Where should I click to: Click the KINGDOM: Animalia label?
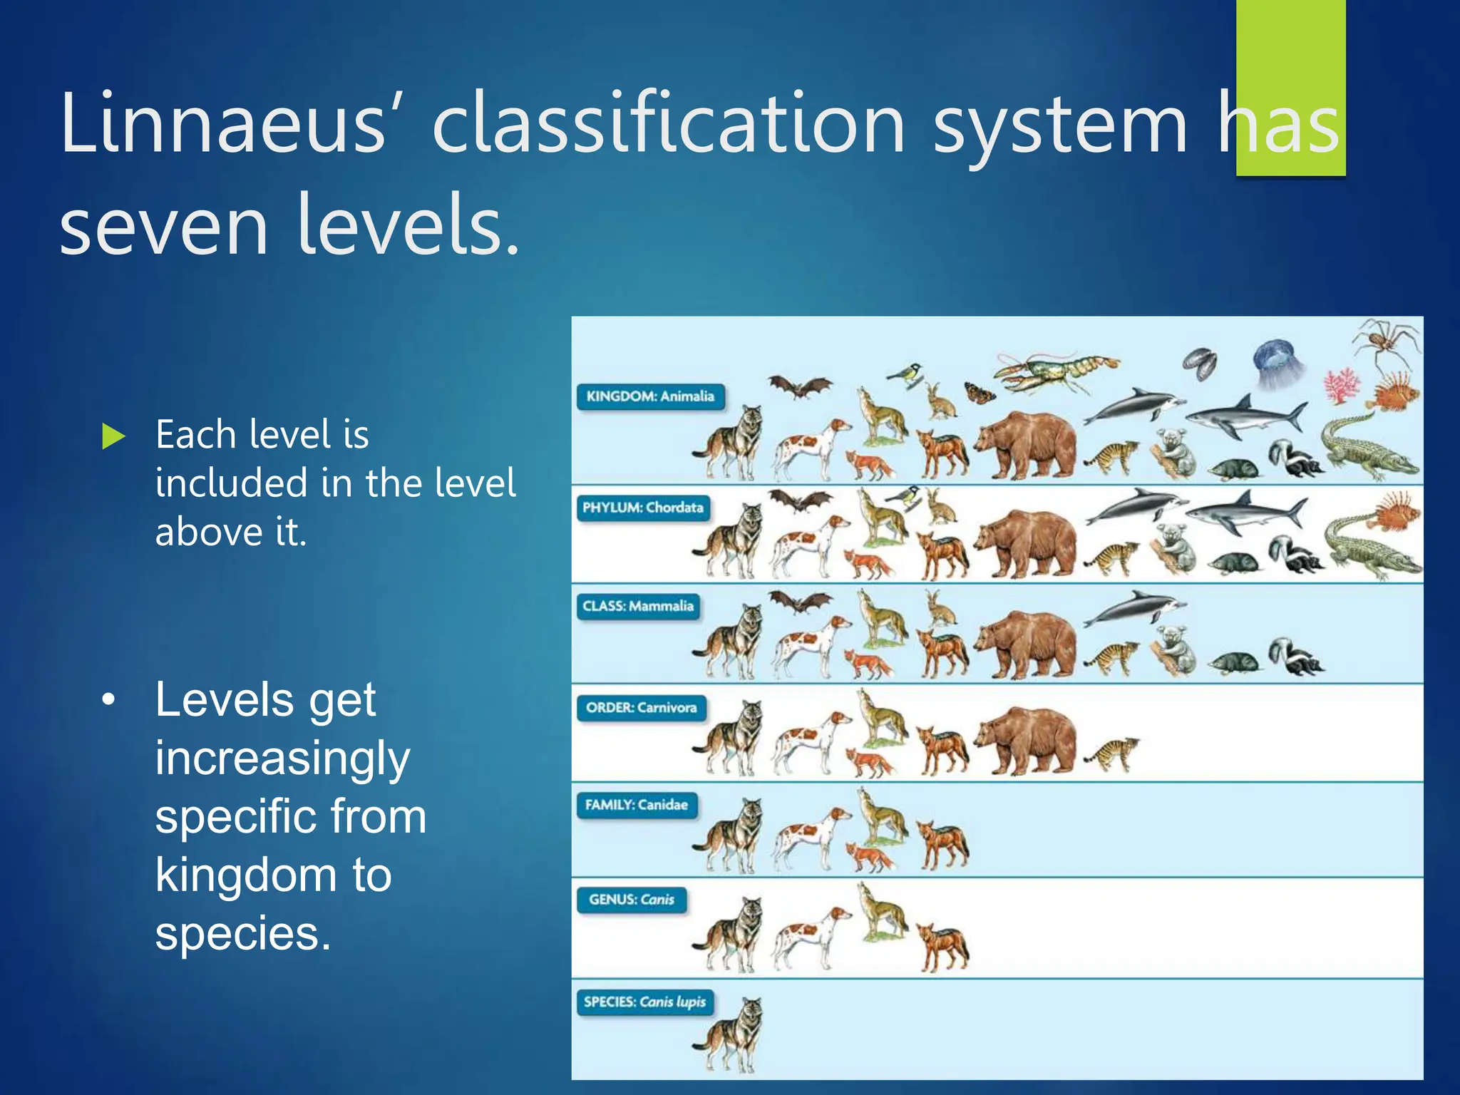649,396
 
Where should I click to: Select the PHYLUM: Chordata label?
642,508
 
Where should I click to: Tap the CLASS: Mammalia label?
637,606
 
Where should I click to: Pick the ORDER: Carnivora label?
641,707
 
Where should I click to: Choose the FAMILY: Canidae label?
636,805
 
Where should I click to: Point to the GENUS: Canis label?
631,900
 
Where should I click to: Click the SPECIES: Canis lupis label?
644,1002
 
